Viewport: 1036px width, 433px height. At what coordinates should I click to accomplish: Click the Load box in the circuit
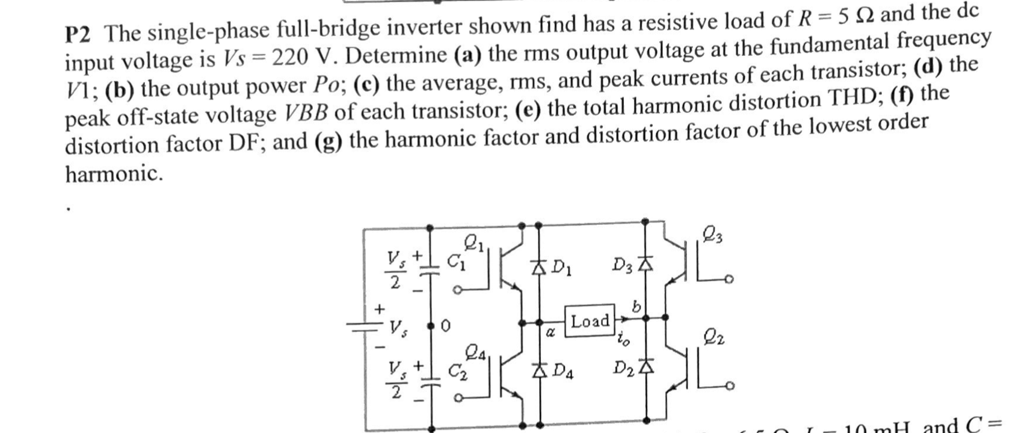pyautogui.click(x=590, y=321)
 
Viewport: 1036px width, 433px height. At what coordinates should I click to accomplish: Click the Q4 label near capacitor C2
pyautogui.click(x=474, y=351)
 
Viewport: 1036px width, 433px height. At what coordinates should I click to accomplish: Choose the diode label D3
pyautogui.click(x=622, y=265)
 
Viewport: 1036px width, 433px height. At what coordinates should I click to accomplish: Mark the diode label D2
pyautogui.click(x=623, y=366)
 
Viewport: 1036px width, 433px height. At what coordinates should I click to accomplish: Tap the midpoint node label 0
pyautogui.click(x=445, y=327)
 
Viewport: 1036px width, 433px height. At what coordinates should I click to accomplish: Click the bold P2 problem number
pyautogui.click(x=79, y=35)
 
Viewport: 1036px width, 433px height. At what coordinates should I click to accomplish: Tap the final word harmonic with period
pyautogui.click(x=114, y=174)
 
